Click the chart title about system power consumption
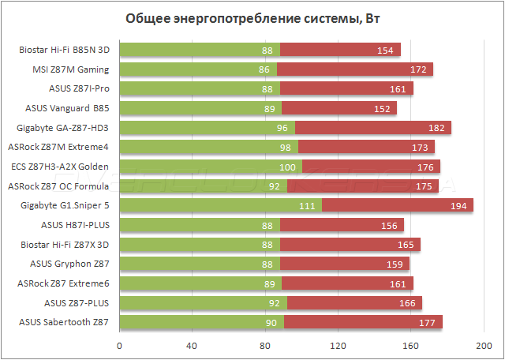(252, 18)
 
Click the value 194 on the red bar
(456, 205)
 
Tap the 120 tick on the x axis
(339, 345)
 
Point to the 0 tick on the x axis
(120, 345)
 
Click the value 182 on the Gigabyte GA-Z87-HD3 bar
(434, 127)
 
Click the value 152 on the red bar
(380, 108)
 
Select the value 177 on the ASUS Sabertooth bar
(425, 321)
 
